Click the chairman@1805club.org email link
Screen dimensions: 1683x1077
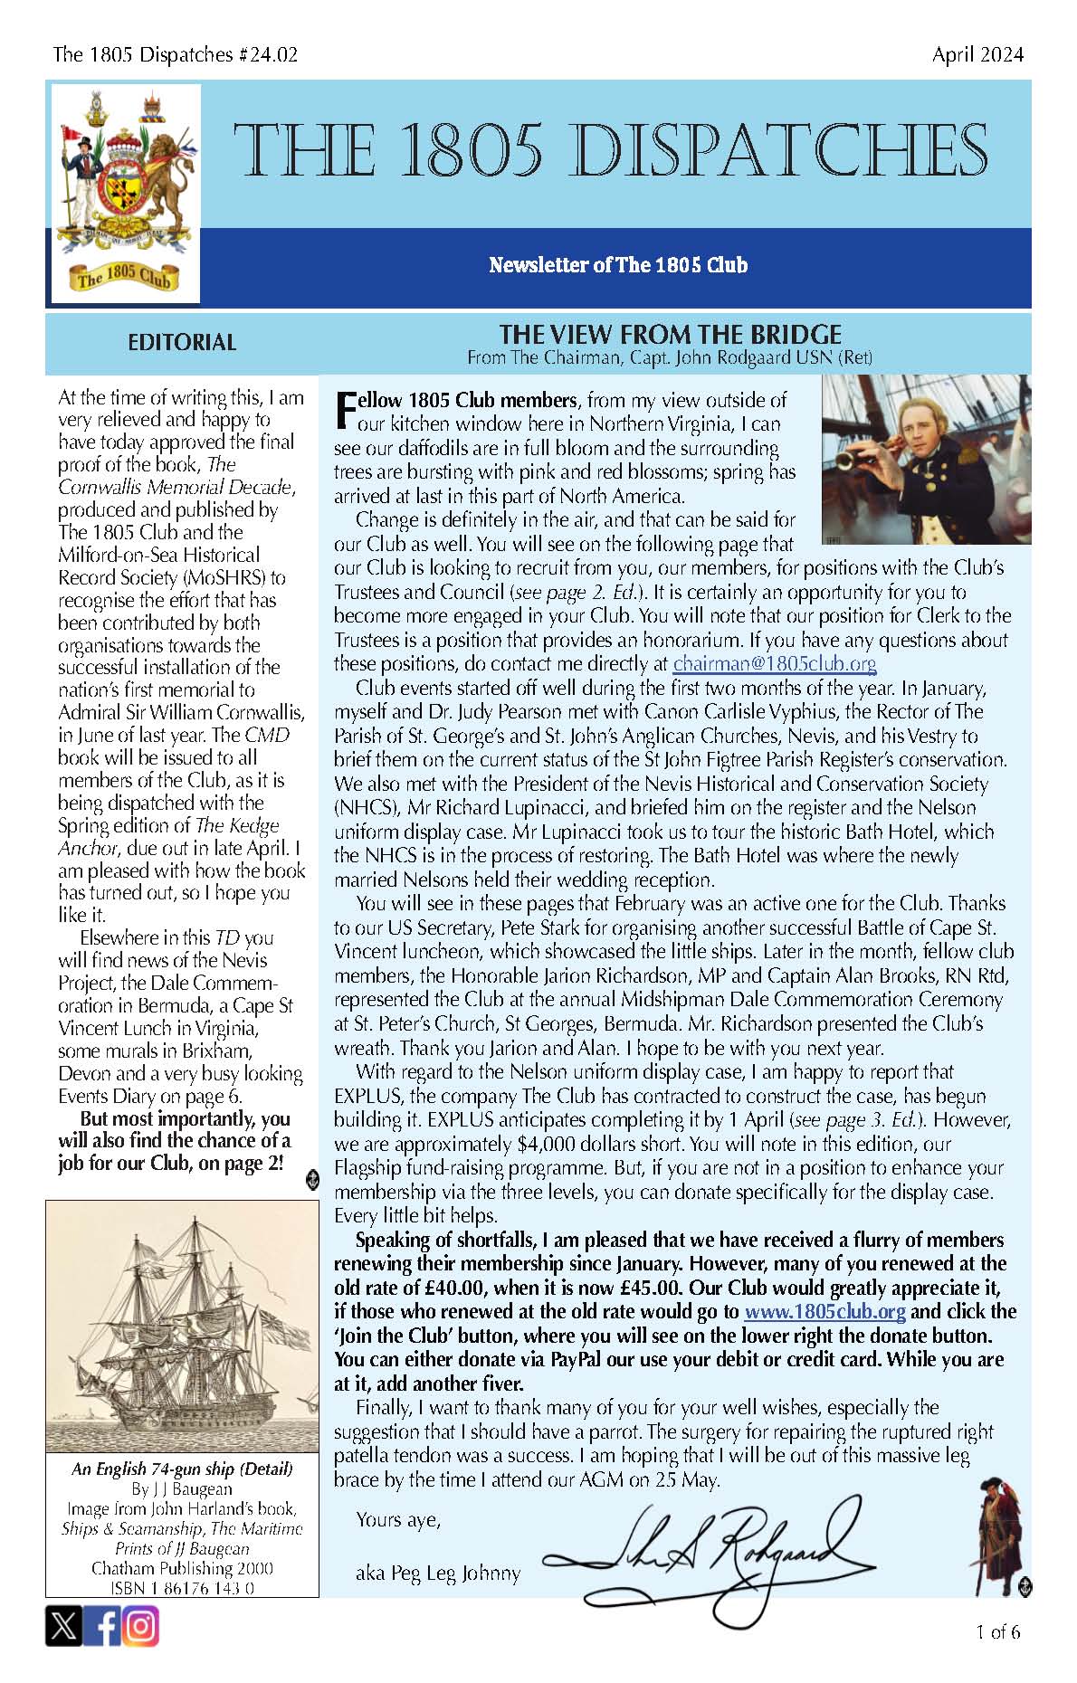tap(774, 663)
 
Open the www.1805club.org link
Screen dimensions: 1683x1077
tap(824, 1311)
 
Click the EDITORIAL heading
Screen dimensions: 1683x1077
tap(181, 342)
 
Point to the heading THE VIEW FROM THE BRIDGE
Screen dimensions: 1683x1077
tap(670, 335)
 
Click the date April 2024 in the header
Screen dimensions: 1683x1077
tap(977, 54)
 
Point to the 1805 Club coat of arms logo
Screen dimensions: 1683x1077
tap(125, 193)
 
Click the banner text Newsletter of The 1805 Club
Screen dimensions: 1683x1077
tap(618, 265)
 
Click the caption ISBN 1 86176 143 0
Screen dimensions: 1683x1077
tap(181, 1588)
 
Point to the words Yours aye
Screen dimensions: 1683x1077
tap(398, 1519)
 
